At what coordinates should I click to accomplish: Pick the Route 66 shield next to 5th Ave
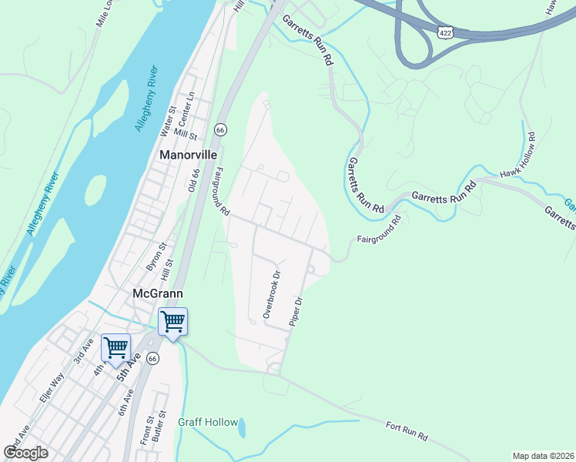tap(153, 359)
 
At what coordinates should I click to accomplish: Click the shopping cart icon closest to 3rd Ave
tap(116, 347)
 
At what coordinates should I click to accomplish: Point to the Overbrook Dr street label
tap(271, 294)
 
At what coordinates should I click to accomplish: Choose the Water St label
tap(168, 122)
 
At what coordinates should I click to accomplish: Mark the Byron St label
tap(156, 257)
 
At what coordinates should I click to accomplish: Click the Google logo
tap(25, 453)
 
